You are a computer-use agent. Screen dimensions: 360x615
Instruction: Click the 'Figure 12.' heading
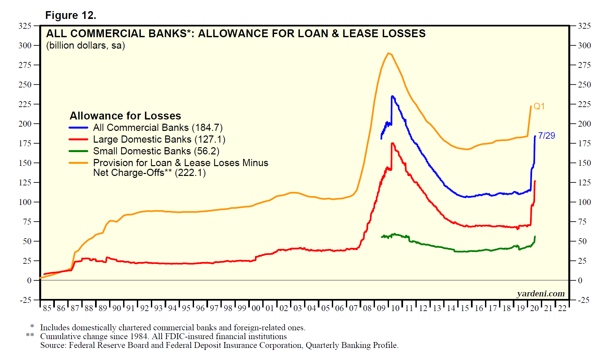[71, 15]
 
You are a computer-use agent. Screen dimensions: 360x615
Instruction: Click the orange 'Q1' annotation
[539, 106]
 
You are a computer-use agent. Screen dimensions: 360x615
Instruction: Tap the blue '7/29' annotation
[546, 135]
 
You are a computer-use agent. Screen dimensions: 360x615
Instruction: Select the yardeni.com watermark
[541, 294]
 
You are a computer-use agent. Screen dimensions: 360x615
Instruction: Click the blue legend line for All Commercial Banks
[78, 128]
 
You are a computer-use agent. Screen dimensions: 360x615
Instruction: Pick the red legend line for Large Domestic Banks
[78, 139]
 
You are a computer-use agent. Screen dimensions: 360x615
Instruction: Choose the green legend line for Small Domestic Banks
[78, 151]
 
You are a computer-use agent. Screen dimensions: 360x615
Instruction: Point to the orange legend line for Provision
[78, 163]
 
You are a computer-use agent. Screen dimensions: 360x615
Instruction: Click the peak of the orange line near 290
[388, 53]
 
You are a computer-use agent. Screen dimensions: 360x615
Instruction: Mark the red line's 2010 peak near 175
[392, 143]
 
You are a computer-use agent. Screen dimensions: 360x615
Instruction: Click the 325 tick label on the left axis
[25, 26]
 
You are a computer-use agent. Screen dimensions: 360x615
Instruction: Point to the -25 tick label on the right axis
[584, 300]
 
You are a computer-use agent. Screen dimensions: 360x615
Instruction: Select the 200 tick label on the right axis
[584, 124]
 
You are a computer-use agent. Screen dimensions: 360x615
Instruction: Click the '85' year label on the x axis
[47, 308]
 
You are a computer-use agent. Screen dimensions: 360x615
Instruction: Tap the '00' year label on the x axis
[256, 308]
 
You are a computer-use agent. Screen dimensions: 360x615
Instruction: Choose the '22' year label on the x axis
[562, 308]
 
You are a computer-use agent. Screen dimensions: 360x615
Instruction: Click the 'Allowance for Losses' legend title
[125, 116]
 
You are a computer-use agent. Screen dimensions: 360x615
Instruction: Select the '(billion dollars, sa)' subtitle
[86, 45]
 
